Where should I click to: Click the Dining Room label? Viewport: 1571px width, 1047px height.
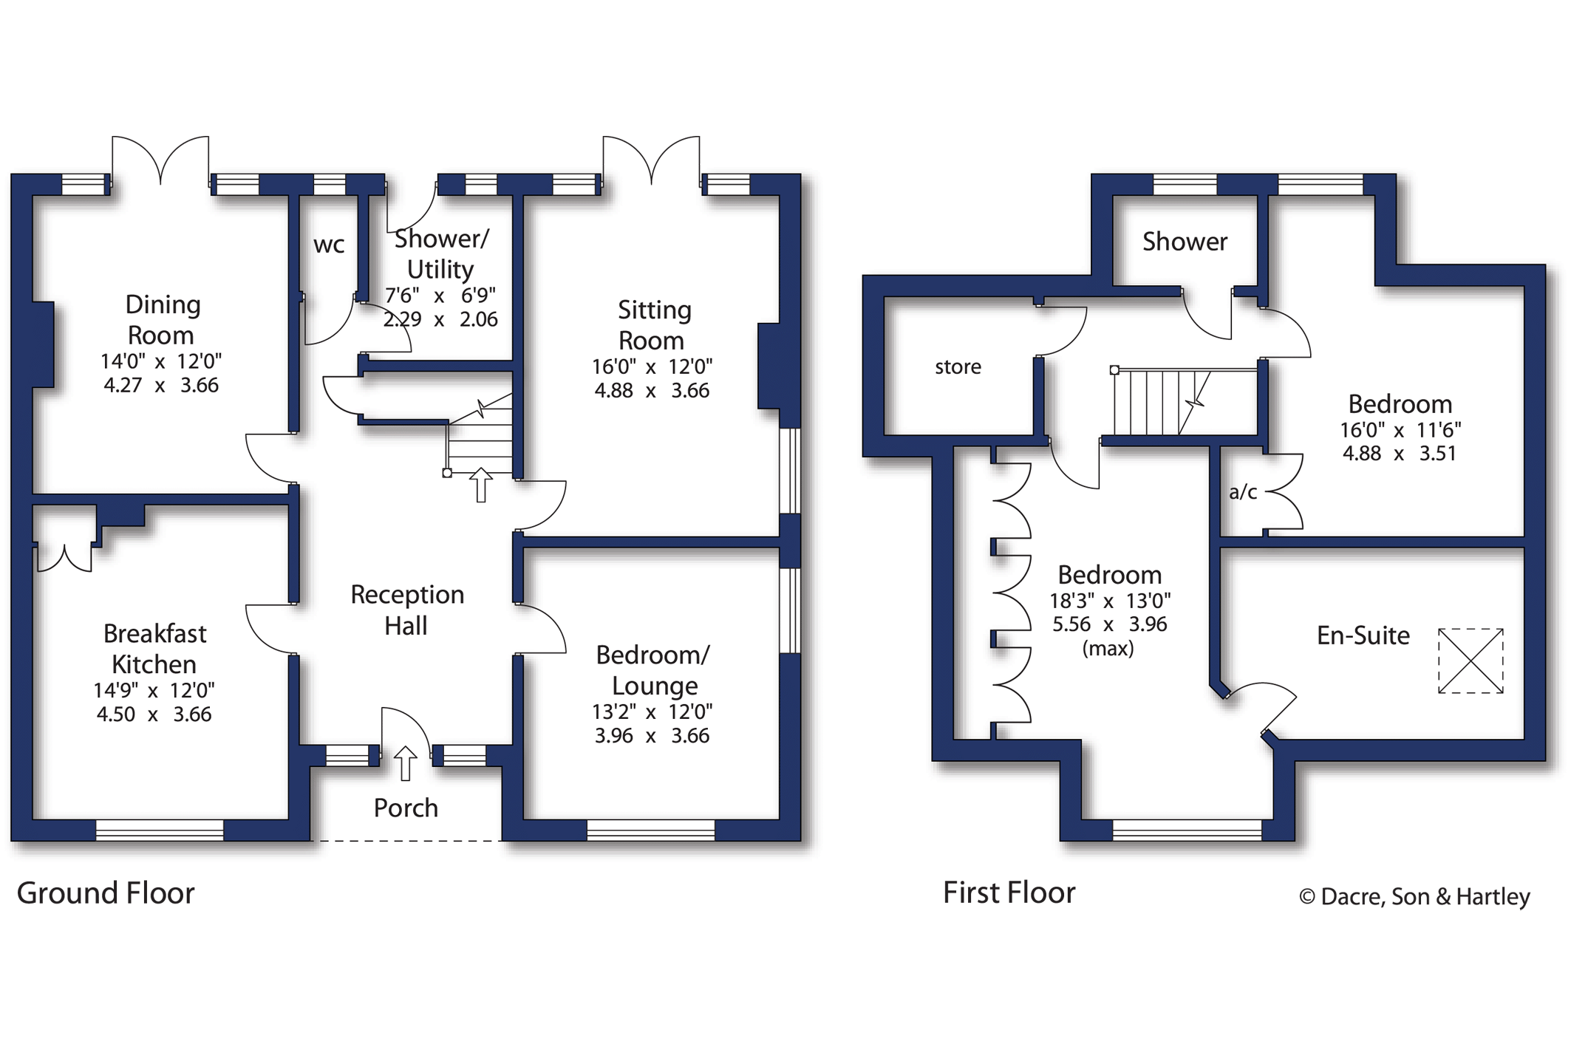point(162,319)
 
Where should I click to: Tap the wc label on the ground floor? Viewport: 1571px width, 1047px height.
point(329,245)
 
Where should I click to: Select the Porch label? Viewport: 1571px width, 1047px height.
point(406,808)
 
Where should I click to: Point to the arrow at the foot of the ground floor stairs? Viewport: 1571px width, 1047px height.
point(481,485)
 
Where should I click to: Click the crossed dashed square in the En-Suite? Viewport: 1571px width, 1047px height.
point(1471,661)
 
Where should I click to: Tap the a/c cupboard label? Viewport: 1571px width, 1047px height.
point(1242,492)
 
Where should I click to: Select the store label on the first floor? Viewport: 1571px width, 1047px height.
point(958,367)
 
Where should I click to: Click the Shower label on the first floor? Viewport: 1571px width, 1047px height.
point(1185,242)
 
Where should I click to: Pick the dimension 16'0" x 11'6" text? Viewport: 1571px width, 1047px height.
point(1400,430)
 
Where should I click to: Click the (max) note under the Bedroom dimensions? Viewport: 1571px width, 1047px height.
point(1108,649)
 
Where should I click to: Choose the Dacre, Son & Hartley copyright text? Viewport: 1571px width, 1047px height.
point(1414,896)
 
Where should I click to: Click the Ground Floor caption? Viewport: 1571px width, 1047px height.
point(106,893)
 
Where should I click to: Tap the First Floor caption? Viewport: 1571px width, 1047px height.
point(1009,893)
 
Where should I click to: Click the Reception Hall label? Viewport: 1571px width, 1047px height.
point(407,610)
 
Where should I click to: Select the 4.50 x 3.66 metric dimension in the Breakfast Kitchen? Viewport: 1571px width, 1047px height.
point(154,715)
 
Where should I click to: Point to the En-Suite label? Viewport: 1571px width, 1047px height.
point(1363,635)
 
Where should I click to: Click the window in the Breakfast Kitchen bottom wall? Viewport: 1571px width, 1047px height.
point(160,830)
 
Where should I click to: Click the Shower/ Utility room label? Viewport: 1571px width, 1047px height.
point(441,254)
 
